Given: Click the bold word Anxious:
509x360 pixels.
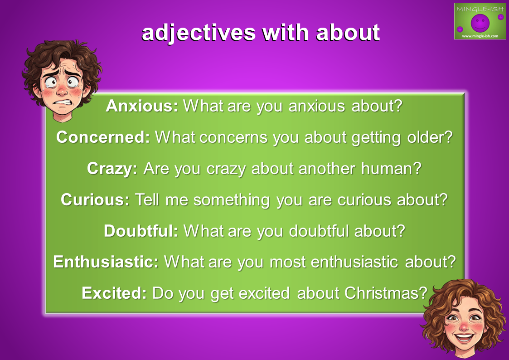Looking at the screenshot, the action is [142, 106].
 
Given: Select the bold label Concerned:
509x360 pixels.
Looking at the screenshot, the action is [103, 137].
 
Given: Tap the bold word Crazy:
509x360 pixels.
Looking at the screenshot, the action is [112, 169].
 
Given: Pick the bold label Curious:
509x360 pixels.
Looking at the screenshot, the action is [95, 199].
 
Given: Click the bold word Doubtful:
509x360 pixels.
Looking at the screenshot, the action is [141, 231].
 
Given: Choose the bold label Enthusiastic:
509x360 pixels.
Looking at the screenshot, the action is [106, 262].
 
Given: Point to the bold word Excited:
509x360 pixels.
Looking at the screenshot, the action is [114, 293].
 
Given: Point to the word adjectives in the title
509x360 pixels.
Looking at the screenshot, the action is [199, 33].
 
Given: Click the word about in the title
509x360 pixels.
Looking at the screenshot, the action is [348, 33].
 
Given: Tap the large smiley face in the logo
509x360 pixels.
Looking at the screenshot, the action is [480, 23].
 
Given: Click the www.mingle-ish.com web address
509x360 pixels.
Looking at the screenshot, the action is [480, 36].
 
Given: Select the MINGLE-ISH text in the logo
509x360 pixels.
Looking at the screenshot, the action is [480, 9].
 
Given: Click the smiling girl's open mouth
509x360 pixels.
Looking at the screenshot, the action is [464, 338].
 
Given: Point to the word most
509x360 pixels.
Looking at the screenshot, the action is [288, 262].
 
